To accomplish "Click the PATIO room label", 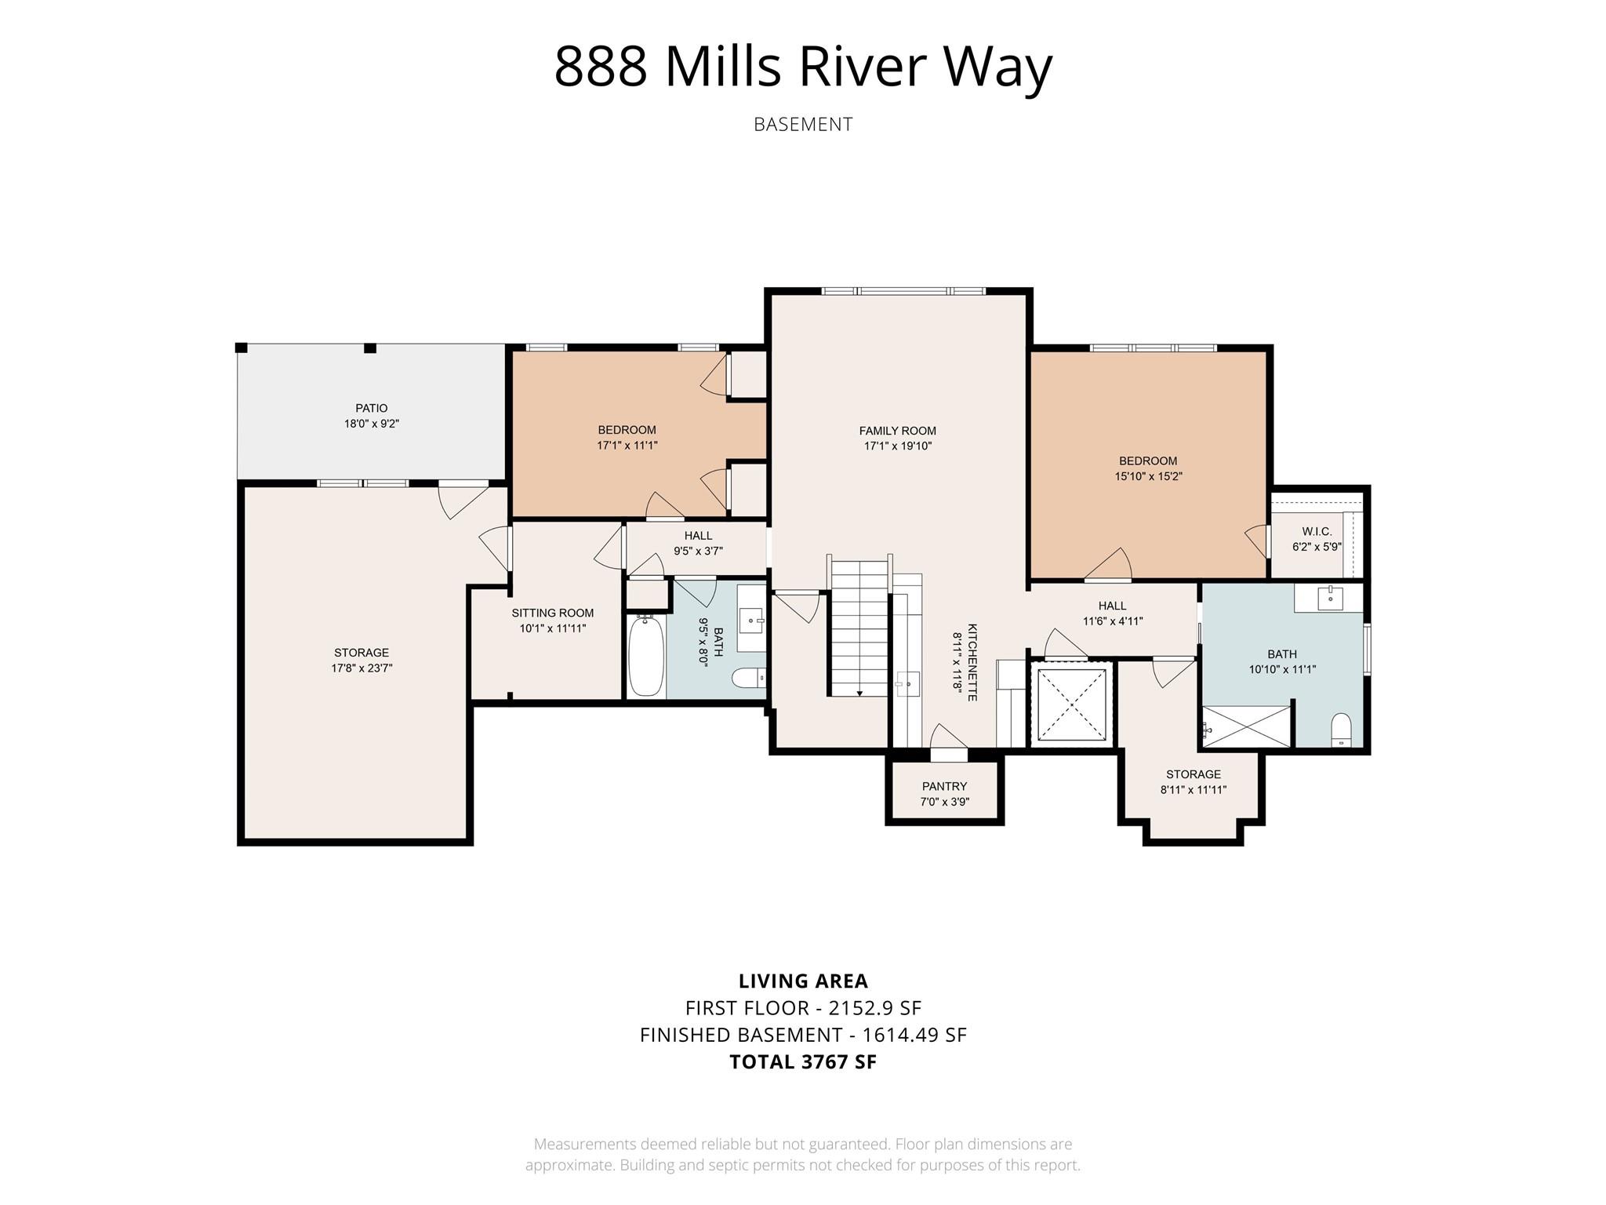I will pos(371,408).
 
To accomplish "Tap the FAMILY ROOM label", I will pos(897,431).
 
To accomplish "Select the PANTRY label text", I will pos(944,786).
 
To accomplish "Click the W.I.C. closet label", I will pos(1317,532).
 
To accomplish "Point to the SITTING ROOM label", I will pos(553,613).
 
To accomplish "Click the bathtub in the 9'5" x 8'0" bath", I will pos(646,656).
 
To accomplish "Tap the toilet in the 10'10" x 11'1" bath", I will pos(1342,730).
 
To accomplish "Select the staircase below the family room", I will pos(859,628).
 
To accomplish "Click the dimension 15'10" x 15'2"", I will pos(1148,476).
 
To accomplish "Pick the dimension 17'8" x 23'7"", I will pos(362,668).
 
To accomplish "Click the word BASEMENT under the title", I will pos(803,125).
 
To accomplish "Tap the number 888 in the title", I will pos(601,67).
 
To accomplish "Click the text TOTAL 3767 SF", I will pos(803,1061).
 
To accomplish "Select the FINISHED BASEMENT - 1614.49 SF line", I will pos(803,1035).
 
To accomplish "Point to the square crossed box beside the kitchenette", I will pos(1071,704).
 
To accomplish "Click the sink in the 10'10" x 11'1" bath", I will pos(1330,599).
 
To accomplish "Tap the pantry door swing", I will pos(947,738).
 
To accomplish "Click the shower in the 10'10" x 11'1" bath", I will pos(1247,726).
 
